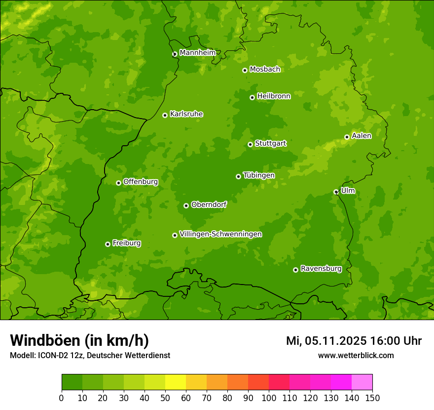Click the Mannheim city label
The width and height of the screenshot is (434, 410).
click(x=197, y=53)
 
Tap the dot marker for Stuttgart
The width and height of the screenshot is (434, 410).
click(x=250, y=144)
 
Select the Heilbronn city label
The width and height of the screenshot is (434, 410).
click(x=274, y=96)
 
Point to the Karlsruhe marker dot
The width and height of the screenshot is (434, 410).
click(x=165, y=115)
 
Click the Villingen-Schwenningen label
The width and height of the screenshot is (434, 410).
click(x=220, y=234)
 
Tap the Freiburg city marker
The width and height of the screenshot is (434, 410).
click(x=108, y=244)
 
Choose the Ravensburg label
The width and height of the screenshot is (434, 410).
click(x=321, y=269)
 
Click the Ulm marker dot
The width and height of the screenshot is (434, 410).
click(x=336, y=192)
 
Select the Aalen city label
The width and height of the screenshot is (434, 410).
click(x=362, y=136)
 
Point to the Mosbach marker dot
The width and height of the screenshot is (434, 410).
click(x=245, y=70)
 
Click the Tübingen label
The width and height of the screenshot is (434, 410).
click(x=259, y=175)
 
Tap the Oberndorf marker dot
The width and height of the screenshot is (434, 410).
click(x=186, y=205)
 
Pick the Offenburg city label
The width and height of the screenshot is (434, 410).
click(x=141, y=182)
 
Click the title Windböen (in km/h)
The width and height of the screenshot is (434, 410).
click(x=79, y=340)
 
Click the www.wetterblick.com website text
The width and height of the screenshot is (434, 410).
click(x=356, y=355)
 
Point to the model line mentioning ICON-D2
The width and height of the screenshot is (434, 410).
click(x=90, y=355)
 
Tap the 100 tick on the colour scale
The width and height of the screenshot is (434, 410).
click(x=269, y=398)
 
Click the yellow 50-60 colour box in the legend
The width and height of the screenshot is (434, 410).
click(x=176, y=382)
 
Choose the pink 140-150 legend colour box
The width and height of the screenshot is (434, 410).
click(x=362, y=382)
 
